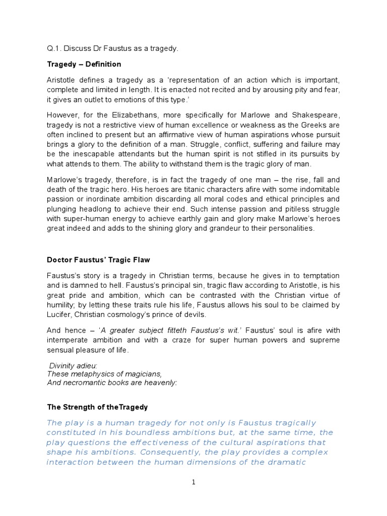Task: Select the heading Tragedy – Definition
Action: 84,64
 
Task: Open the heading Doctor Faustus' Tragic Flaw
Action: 98,260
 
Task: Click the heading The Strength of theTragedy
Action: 97,406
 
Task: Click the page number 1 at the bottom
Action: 193,482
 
